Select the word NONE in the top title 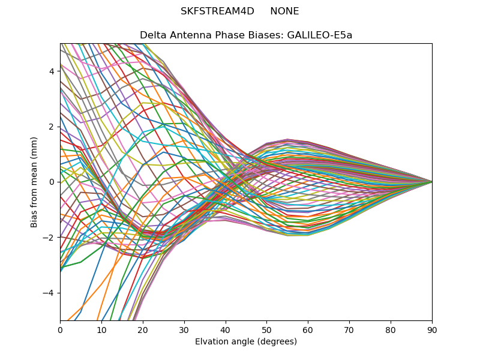tap(284, 11)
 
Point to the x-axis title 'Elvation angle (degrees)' tap(246, 341)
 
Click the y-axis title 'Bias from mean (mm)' tap(34, 182)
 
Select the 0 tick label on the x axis tap(60, 329)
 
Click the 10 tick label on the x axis tap(101, 329)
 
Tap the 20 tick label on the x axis tap(143, 329)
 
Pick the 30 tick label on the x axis tap(184, 329)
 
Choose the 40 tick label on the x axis tap(226, 329)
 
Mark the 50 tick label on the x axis tap(266, 329)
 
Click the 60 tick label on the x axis tap(308, 329)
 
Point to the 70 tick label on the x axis tap(349, 329)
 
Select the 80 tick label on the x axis tap(391, 329)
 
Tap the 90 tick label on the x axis tap(432, 329)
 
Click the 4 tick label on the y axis tap(52, 71)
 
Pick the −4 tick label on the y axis tap(50, 293)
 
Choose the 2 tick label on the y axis tap(52, 127)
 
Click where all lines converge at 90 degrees tap(431, 182)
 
